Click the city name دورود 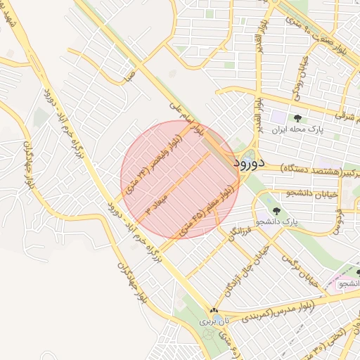pos(248,164)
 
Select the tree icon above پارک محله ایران pos(297,118)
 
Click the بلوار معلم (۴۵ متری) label pos(207,210)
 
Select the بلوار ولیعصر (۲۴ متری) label pos(150,166)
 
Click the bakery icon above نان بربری pos(214,310)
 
